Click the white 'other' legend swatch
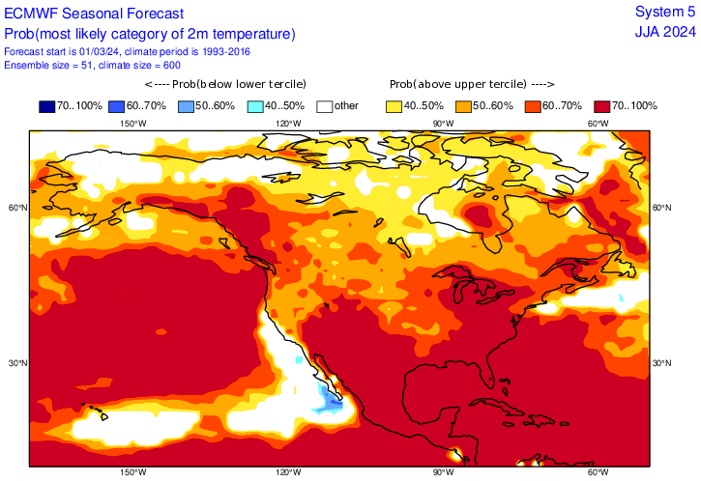pyautogui.click(x=325, y=105)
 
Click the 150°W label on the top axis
pyautogui.click(x=133, y=123)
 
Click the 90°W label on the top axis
pyautogui.click(x=443, y=123)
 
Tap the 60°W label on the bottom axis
pyautogui.click(x=598, y=472)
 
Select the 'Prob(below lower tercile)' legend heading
pyautogui.click(x=229, y=84)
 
